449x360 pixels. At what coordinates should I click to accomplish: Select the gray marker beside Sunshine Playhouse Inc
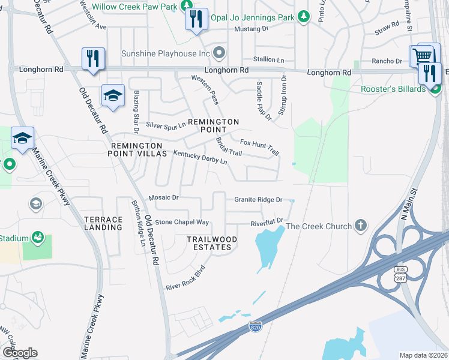pyautogui.click(x=219, y=53)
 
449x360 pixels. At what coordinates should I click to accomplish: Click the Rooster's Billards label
pyautogui.click(x=393, y=89)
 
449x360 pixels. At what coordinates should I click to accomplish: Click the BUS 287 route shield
pyautogui.click(x=400, y=275)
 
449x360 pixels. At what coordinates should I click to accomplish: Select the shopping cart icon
pyautogui.click(x=423, y=56)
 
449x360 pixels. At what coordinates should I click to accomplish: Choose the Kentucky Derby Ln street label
pyautogui.click(x=200, y=158)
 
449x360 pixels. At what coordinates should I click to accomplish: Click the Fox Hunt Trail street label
pyautogui.click(x=259, y=146)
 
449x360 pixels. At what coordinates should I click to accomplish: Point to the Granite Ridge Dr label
pyautogui.click(x=258, y=199)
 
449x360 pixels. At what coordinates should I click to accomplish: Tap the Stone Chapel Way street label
pyautogui.click(x=182, y=222)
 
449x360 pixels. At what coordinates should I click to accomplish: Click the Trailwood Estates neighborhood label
pyautogui.click(x=212, y=243)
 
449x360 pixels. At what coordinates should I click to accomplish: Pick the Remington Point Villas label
pyautogui.click(x=135, y=149)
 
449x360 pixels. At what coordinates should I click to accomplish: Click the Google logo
pyautogui.click(x=19, y=353)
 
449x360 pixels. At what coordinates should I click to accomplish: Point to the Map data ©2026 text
pyautogui.click(x=423, y=355)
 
